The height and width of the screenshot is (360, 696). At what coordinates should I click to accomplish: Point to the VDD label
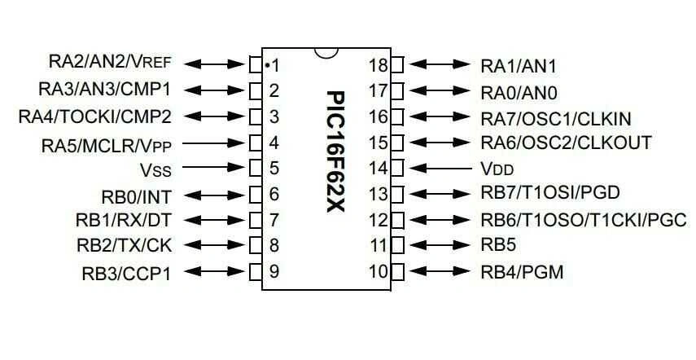tap(497, 170)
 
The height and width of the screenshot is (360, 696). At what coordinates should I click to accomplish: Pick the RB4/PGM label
tap(522, 271)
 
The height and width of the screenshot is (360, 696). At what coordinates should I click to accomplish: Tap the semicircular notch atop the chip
tap(326, 51)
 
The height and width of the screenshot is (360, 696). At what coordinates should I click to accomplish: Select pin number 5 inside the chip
tap(274, 169)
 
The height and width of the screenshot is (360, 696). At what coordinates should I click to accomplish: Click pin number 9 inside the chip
tap(274, 271)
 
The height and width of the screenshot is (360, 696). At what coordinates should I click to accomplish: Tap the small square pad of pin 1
tap(256, 64)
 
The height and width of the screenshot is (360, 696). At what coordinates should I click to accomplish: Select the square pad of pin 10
tap(397, 271)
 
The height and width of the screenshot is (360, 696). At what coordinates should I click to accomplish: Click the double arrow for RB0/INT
tap(217, 195)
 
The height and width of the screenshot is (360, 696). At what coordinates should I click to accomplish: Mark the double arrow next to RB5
tap(440, 245)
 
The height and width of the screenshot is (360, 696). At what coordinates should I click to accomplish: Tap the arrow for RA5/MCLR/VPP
tap(217, 143)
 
